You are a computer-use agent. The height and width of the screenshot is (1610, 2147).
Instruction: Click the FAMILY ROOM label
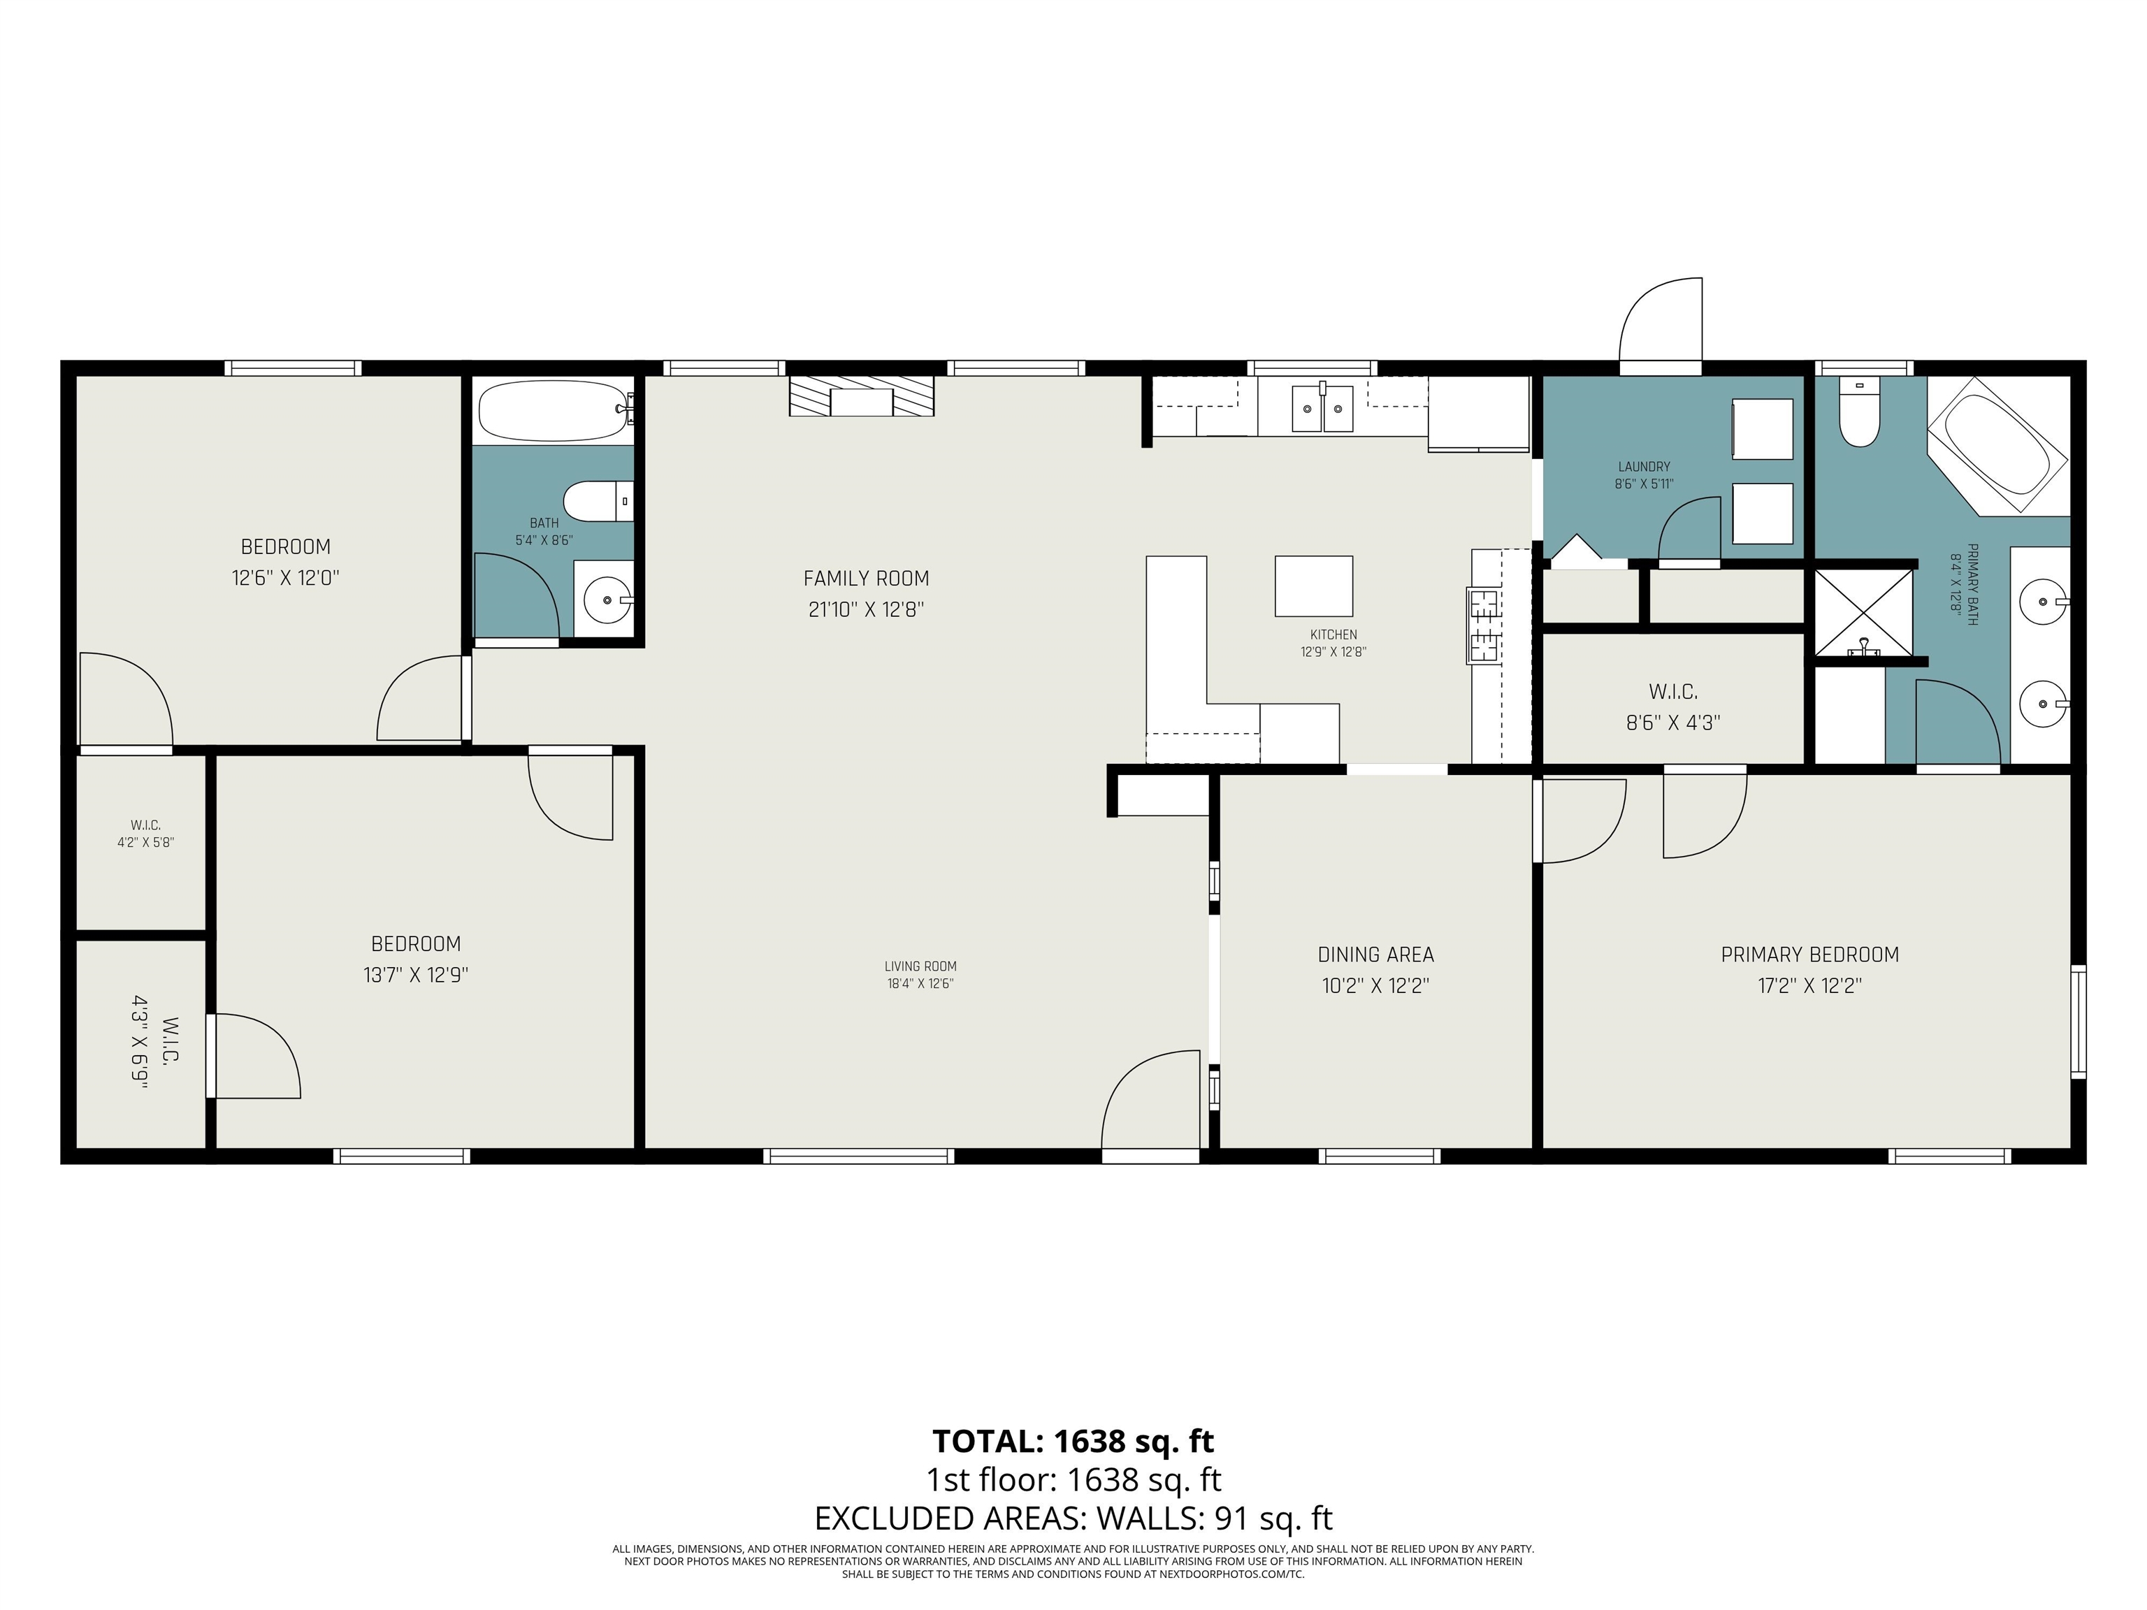866,579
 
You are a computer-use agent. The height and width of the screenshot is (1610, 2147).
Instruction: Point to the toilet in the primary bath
1859,415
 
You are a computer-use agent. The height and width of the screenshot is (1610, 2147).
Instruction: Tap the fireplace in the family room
861,397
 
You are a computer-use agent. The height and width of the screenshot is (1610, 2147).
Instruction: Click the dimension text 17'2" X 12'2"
1809,986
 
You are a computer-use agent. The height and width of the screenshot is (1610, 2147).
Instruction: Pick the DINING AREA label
1375,955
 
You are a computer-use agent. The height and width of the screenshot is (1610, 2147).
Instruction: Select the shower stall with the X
1863,611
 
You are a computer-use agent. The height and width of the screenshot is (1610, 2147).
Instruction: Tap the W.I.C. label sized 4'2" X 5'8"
145,834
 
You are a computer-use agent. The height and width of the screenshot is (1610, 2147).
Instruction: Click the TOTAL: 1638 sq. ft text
1073,1441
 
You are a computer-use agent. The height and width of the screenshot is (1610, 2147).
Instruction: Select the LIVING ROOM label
920,966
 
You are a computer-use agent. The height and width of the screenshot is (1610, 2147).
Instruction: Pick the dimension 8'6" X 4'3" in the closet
1673,722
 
